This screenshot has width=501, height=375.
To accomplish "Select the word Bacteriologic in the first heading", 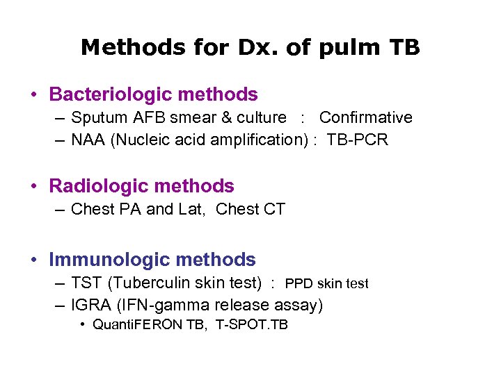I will click(113, 94).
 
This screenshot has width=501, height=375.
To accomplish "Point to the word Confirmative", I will click(365, 118).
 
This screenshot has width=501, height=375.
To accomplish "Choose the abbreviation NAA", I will click(88, 140).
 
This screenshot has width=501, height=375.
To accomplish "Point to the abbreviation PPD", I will click(299, 283).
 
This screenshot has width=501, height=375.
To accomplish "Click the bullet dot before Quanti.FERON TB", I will click(83, 325).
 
